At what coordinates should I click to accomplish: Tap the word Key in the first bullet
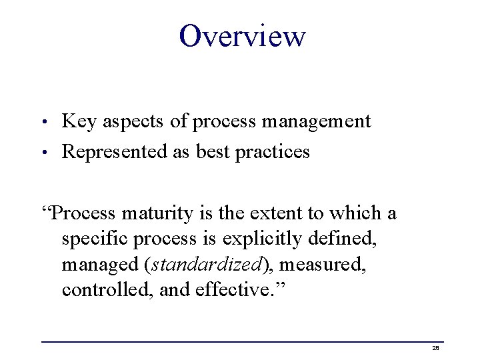[78, 121]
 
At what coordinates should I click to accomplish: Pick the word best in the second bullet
[211, 152]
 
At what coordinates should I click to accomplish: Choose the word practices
[272, 152]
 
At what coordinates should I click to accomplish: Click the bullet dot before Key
[44, 123]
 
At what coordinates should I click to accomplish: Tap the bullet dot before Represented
[44, 153]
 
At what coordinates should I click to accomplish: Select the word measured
[323, 265]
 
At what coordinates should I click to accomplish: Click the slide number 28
[435, 348]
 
